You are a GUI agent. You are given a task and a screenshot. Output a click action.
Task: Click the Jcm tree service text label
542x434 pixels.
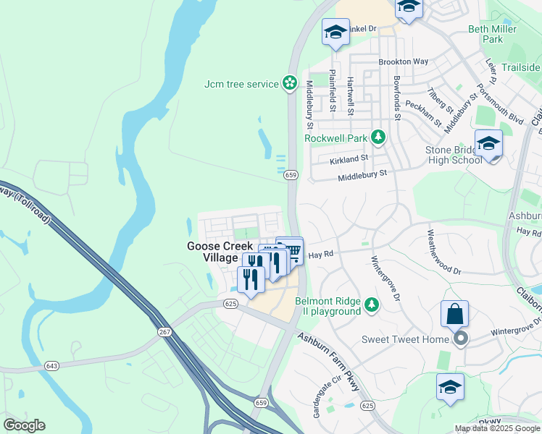(241, 84)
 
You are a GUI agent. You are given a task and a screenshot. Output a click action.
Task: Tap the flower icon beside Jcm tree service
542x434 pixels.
(290, 84)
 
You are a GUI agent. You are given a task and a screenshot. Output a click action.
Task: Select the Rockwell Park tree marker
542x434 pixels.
(378, 137)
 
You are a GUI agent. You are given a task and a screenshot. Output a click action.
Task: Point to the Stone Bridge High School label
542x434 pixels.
(453, 155)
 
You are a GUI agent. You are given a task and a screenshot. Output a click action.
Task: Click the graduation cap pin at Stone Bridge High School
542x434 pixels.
(489, 144)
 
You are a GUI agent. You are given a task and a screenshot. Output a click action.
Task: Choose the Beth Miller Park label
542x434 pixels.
(496, 34)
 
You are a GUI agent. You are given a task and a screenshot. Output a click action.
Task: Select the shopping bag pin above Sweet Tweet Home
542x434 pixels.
(454, 315)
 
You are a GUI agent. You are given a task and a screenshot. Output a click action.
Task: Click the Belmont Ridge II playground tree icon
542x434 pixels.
(372, 304)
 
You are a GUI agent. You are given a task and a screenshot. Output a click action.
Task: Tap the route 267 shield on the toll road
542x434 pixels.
(164, 332)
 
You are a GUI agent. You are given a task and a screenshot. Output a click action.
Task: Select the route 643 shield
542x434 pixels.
(51, 367)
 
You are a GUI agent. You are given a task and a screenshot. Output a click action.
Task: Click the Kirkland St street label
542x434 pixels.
(349, 157)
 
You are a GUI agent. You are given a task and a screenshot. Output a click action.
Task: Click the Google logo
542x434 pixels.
(24, 425)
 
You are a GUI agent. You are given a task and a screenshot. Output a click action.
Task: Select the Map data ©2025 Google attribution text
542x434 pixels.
(496, 428)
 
